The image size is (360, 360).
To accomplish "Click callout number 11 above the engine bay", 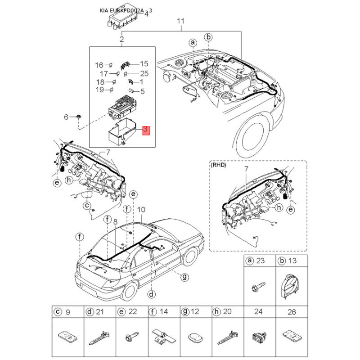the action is click(x=181, y=21).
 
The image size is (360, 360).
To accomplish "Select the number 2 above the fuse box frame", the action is click(x=121, y=39).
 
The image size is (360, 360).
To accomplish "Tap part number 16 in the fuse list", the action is click(x=99, y=65).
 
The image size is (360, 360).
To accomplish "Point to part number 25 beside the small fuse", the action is click(x=144, y=73).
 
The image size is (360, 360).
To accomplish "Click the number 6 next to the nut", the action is click(x=66, y=117).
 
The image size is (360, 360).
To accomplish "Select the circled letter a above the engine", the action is click(x=193, y=42).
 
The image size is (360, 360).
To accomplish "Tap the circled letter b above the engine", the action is click(x=208, y=37).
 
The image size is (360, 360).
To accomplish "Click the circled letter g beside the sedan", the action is click(x=184, y=277).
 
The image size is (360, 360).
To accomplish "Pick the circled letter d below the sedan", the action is click(x=152, y=294).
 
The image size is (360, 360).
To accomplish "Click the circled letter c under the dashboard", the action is click(x=87, y=205).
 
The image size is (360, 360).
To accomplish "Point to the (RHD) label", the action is click(x=218, y=165).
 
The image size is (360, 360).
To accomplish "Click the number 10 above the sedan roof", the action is click(x=141, y=210).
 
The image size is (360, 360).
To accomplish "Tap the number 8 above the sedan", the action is click(x=115, y=221).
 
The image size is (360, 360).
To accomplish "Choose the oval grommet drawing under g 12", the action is click(x=195, y=337).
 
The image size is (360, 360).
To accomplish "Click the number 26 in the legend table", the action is click(x=292, y=312).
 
